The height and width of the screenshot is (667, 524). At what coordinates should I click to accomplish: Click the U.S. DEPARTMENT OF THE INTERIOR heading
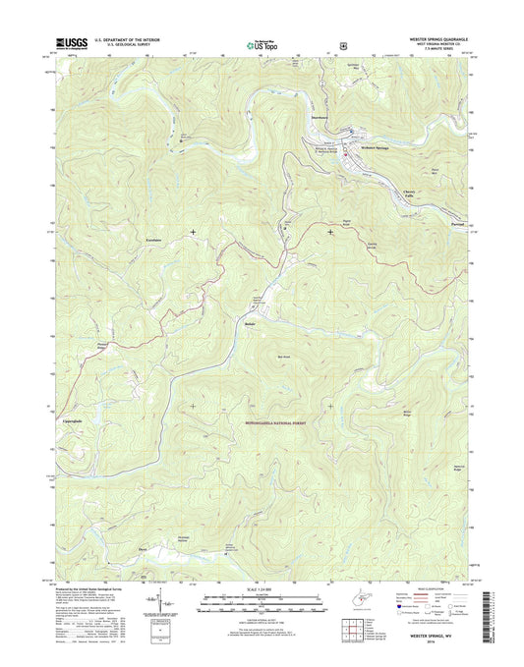129,40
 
